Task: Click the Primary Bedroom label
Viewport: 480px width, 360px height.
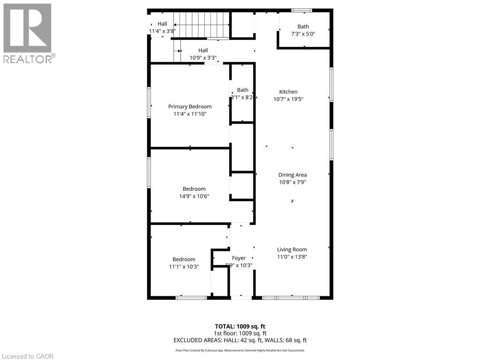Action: pyautogui.click(x=190, y=106)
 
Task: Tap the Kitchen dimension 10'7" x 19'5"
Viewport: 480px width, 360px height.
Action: pyautogui.click(x=288, y=99)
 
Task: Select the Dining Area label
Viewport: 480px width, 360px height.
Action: pyautogui.click(x=292, y=175)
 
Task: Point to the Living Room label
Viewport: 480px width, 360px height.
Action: pyautogui.click(x=292, y=249)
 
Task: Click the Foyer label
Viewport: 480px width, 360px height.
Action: pyautogui.click(x=239, y=258)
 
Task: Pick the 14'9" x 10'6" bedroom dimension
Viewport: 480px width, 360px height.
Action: pyautogui.click(x=194, y=196)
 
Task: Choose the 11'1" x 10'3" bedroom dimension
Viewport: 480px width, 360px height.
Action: pyautogui.click(x=184, y=266)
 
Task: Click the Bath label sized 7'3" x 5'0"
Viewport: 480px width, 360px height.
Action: pyautogui.click(x=303, y=27)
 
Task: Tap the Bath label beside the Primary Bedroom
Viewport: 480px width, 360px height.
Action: pyautogui.click(x=242, y=90)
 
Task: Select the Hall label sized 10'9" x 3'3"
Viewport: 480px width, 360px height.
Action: pyautogui.click(x=203, y=50)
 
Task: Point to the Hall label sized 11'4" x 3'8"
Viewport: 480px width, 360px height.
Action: pyautogui.click(x=162, y=24)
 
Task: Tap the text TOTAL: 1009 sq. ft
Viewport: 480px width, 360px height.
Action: pyautogui.click(x=240, y=326)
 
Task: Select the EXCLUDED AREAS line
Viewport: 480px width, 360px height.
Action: pyautogui.click(x=240, y=340)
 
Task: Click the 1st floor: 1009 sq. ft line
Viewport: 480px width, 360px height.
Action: pyautogui.click(x=240, y=333)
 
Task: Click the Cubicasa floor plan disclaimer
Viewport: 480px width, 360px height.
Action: pyautogui.click(x=240, y=350)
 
